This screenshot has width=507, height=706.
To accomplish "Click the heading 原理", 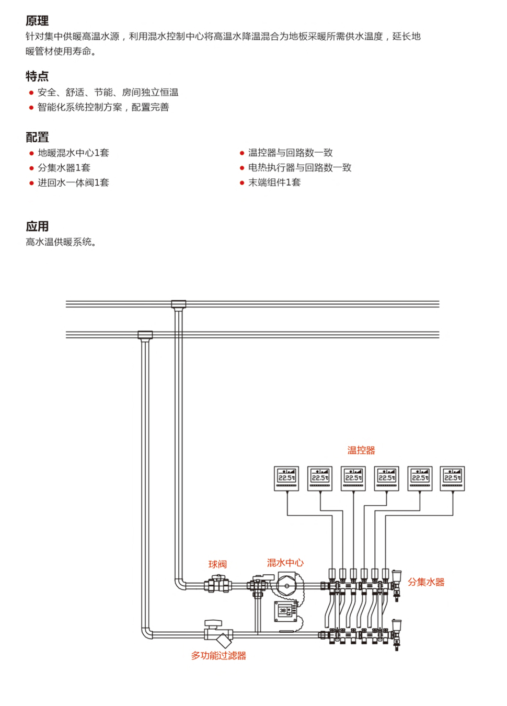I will [37, 21].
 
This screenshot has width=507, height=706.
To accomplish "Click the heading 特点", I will [37, 76].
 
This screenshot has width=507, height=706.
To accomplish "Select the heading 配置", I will [37, 138].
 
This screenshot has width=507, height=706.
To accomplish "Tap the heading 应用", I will [37, 226].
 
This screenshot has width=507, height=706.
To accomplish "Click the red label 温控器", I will [361, 450].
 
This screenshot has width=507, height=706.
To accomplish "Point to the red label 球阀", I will [217, 564].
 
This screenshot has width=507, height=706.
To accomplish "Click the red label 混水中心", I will [285, 563].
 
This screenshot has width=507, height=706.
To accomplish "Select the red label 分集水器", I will [426, 582].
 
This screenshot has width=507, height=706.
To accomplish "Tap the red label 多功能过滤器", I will [218, 655].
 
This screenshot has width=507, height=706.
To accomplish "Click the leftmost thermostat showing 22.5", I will [286, 478].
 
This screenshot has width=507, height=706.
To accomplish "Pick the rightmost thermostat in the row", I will [453, 478].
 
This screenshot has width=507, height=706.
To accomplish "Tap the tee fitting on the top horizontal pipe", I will [179, 304].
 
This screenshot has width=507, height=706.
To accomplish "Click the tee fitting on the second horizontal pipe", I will [145, 335].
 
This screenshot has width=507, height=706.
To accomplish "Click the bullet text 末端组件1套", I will [274, 183].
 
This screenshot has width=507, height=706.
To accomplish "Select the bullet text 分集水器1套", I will [64, 168].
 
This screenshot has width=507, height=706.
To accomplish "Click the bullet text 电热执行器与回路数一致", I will [299, 168].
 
